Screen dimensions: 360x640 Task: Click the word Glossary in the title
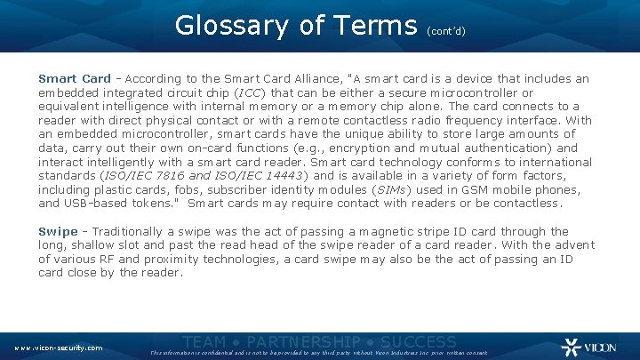[x=233, y=26]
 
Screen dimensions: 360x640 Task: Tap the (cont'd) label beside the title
[x=446, y=30]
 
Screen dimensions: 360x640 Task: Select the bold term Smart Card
[x=75, y=78]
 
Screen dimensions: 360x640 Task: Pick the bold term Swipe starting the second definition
[x=58, y=231]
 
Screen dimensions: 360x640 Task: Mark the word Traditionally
[x=132, y=231]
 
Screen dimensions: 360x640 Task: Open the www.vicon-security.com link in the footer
[x=58, y=347]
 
